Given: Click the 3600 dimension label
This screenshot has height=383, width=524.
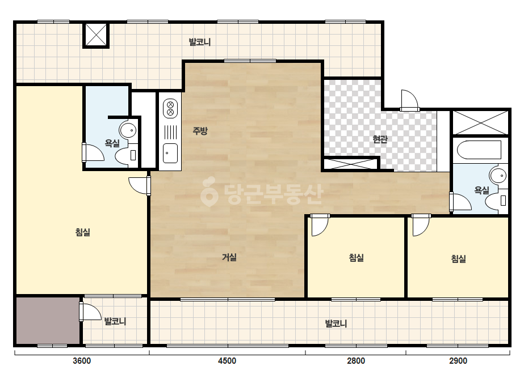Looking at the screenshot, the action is [82, 361].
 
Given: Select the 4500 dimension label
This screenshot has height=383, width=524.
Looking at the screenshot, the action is [227, 361].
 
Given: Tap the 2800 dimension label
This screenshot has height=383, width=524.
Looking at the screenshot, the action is [356, 361].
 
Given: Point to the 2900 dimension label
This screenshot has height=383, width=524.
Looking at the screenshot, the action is [458, 361].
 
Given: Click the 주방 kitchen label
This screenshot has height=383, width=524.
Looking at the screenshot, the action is [200, 130].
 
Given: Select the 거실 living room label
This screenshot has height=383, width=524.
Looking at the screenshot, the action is [229, 257].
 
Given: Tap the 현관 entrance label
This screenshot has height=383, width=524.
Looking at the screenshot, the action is [380, 139].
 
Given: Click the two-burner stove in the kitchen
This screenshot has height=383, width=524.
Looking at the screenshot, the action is [170, 108].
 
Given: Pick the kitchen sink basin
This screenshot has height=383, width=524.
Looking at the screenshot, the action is [170, 153].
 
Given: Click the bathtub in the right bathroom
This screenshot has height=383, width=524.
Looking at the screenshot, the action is [479, 150].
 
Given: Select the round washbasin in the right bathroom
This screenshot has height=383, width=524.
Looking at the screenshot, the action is [498, 176].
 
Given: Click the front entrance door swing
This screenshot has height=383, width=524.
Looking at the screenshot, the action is [410, 100].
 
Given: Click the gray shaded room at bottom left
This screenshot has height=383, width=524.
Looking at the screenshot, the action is [48, 321].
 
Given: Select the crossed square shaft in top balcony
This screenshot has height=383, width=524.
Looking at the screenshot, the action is [96, 35].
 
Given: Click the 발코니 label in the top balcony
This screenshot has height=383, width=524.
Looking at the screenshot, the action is [199, 42].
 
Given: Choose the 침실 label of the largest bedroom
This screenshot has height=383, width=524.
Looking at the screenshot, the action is [83, 232].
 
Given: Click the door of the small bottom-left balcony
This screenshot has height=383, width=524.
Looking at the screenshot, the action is [90, 312].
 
